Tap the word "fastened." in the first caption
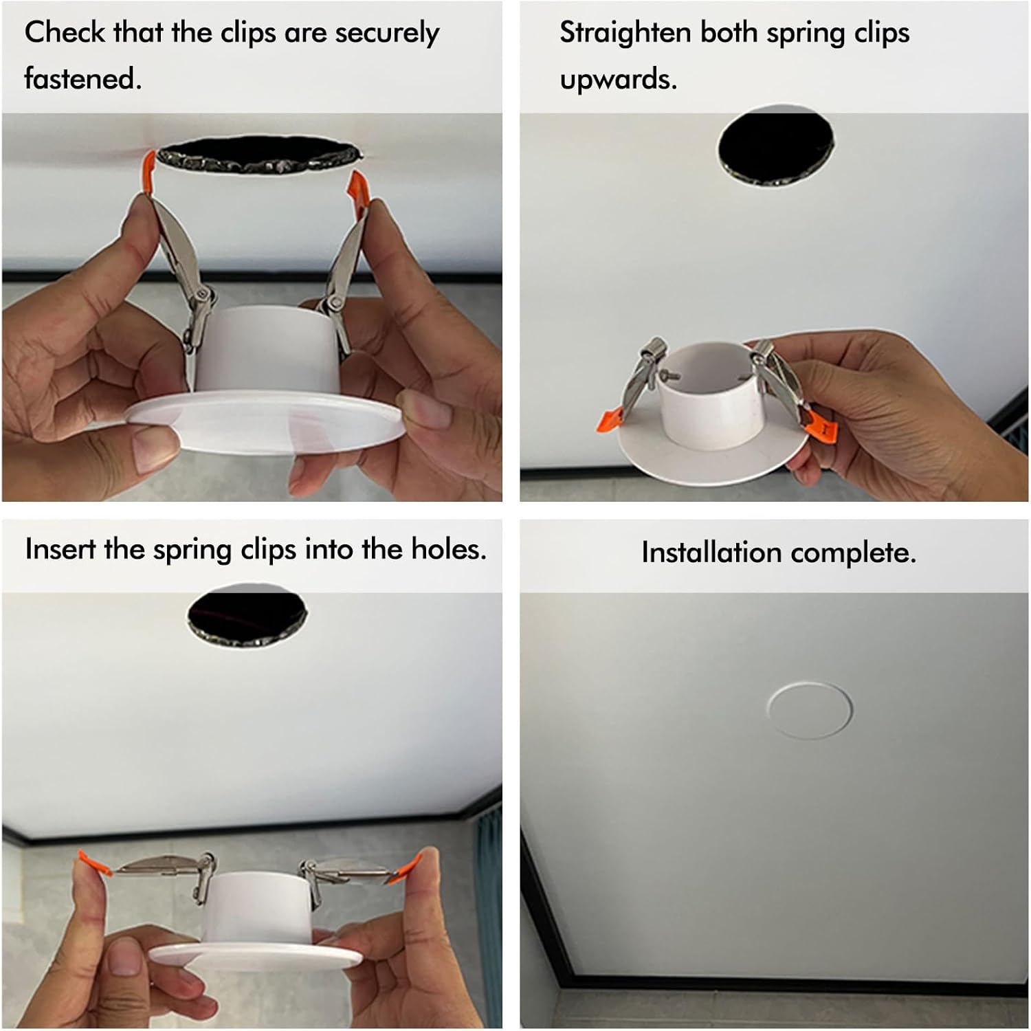click(82, 79)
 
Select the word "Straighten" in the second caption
click(625, 33)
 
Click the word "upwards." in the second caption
click(618, 79)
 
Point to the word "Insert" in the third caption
click(59, 549)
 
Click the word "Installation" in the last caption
click(711, 553)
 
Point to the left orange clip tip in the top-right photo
click(612, 421)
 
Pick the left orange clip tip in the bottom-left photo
click(95, 864)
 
